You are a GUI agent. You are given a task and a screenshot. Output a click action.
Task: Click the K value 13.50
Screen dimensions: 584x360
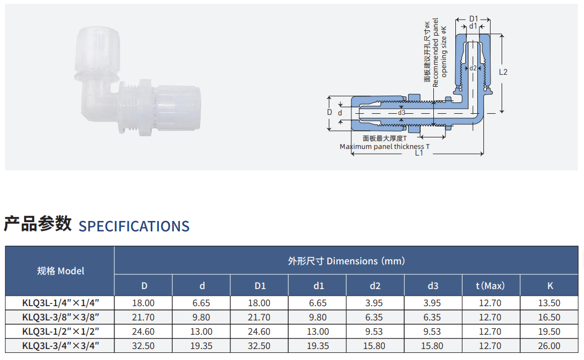click(549, 303)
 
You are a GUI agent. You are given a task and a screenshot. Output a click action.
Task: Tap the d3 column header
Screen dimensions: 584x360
click(433, 286)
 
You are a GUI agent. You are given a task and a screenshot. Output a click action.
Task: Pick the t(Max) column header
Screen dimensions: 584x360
click(490, 286)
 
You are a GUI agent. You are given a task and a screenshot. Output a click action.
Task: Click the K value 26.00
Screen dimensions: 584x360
click(549, 346)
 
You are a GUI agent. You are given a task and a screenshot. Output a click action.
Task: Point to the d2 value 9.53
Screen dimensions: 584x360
click(374, 331)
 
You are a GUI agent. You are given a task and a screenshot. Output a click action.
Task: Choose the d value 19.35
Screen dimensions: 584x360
click(201, 346)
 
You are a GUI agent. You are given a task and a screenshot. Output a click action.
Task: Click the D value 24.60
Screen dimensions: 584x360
click(143, 331)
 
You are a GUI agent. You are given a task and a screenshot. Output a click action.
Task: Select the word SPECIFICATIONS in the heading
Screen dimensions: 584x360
click(134, 226)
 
